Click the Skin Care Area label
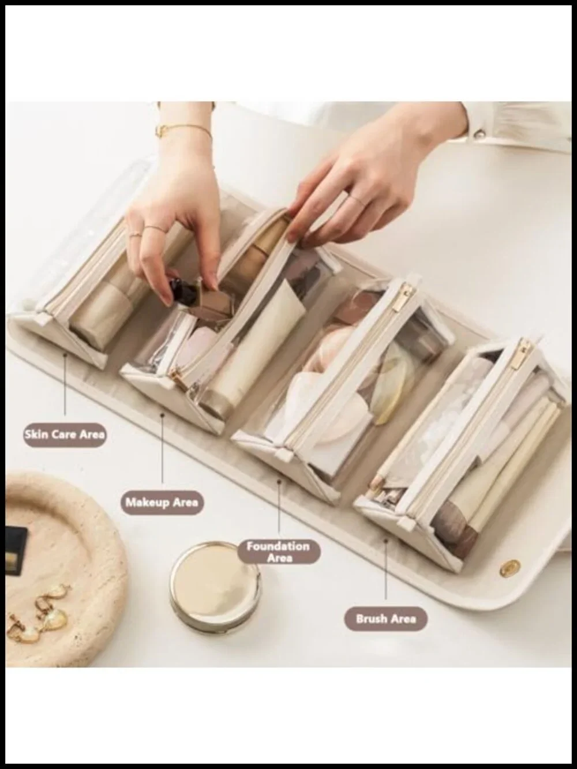coord(65,435)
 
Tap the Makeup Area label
coord(162,502)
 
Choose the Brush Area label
coord(385,619)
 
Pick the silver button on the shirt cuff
coord(479,133)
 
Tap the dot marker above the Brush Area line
coord(385,541)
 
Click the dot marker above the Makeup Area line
coord(162,415)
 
